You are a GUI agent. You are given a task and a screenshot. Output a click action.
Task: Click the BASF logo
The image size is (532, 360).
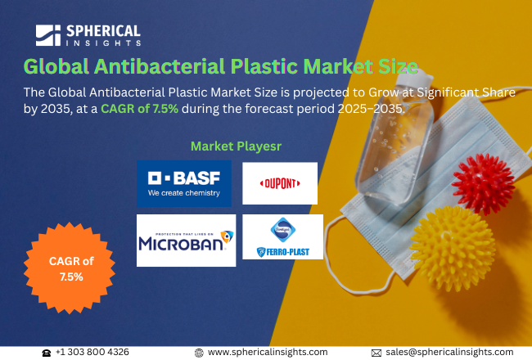[184, 183]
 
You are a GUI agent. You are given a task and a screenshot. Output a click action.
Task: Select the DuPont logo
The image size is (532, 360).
[279, 183]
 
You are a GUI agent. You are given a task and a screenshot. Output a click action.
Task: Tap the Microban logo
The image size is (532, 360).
[186, 240]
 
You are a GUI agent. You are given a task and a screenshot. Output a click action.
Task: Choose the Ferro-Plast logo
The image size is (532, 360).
[282, 237]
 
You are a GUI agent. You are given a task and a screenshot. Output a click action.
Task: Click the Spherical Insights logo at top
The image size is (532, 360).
[88, 35]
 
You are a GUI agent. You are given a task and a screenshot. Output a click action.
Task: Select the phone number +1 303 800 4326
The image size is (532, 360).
[92, 352]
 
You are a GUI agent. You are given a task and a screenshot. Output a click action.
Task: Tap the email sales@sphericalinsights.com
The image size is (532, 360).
[449, 352]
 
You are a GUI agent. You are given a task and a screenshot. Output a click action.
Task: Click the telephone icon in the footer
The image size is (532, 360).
[46, 352]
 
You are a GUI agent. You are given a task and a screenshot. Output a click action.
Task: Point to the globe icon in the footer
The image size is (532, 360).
[199, 352]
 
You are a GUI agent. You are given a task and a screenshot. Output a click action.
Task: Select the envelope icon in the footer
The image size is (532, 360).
[376, 352]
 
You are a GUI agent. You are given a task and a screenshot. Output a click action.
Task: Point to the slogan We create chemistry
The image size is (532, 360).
[183, 194]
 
